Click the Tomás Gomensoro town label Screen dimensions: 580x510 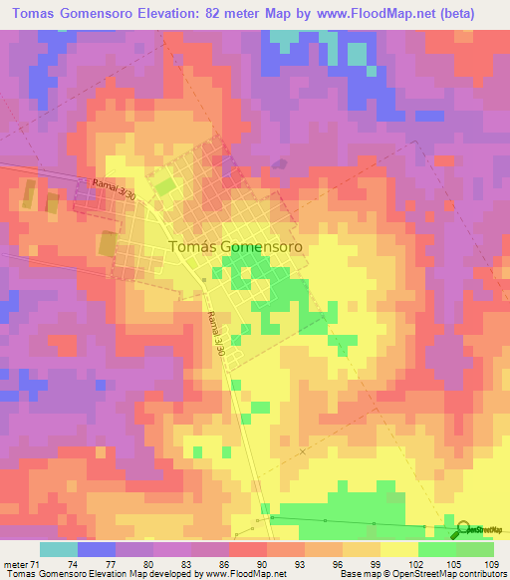click(x=236, y=245)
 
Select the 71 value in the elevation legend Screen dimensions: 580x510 click(x=37, y=564)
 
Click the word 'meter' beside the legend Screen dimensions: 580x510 click(x=15, y=564)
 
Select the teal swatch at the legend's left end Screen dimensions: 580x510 click(x=59, y=549)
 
